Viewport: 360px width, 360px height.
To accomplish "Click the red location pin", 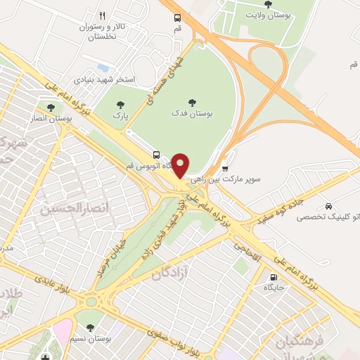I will (x=181, y=165).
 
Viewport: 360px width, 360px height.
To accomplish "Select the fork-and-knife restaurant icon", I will (x=102, y=15).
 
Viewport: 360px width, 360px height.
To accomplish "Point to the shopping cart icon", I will (x=225, y=168).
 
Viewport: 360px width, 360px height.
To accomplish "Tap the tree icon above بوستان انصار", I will (x=50, y=108).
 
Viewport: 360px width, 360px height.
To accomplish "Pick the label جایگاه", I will (x=273, y=288).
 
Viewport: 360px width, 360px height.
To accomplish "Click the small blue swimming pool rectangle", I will (x=104, y=68).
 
